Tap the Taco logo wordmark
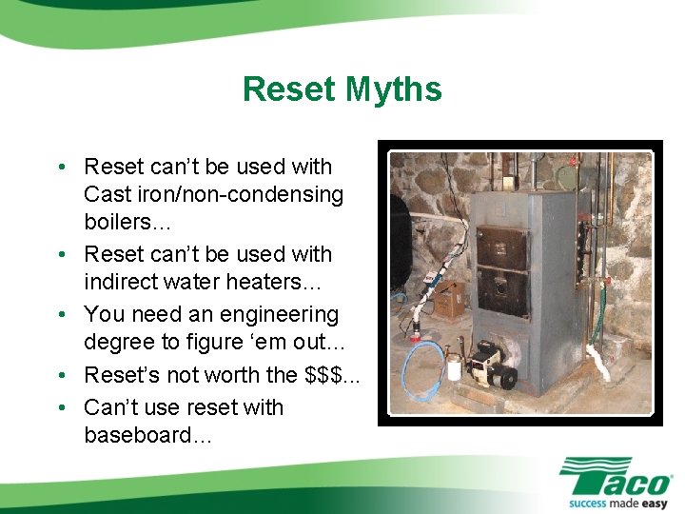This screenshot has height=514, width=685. (616, 475)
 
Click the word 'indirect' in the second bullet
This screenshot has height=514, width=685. (124, 283)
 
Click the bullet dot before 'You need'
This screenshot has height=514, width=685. (61, 314)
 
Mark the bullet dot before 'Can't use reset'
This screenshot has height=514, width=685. (61, 407)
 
